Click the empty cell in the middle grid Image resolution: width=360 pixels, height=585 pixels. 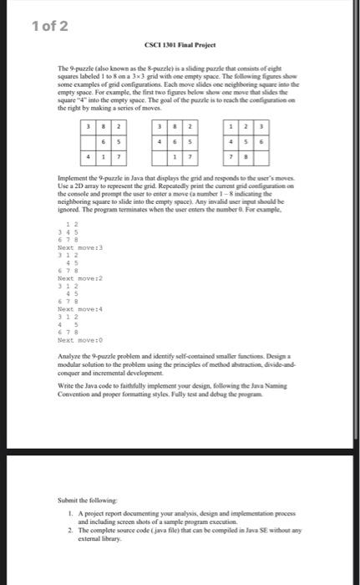click(x=161, y=156)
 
